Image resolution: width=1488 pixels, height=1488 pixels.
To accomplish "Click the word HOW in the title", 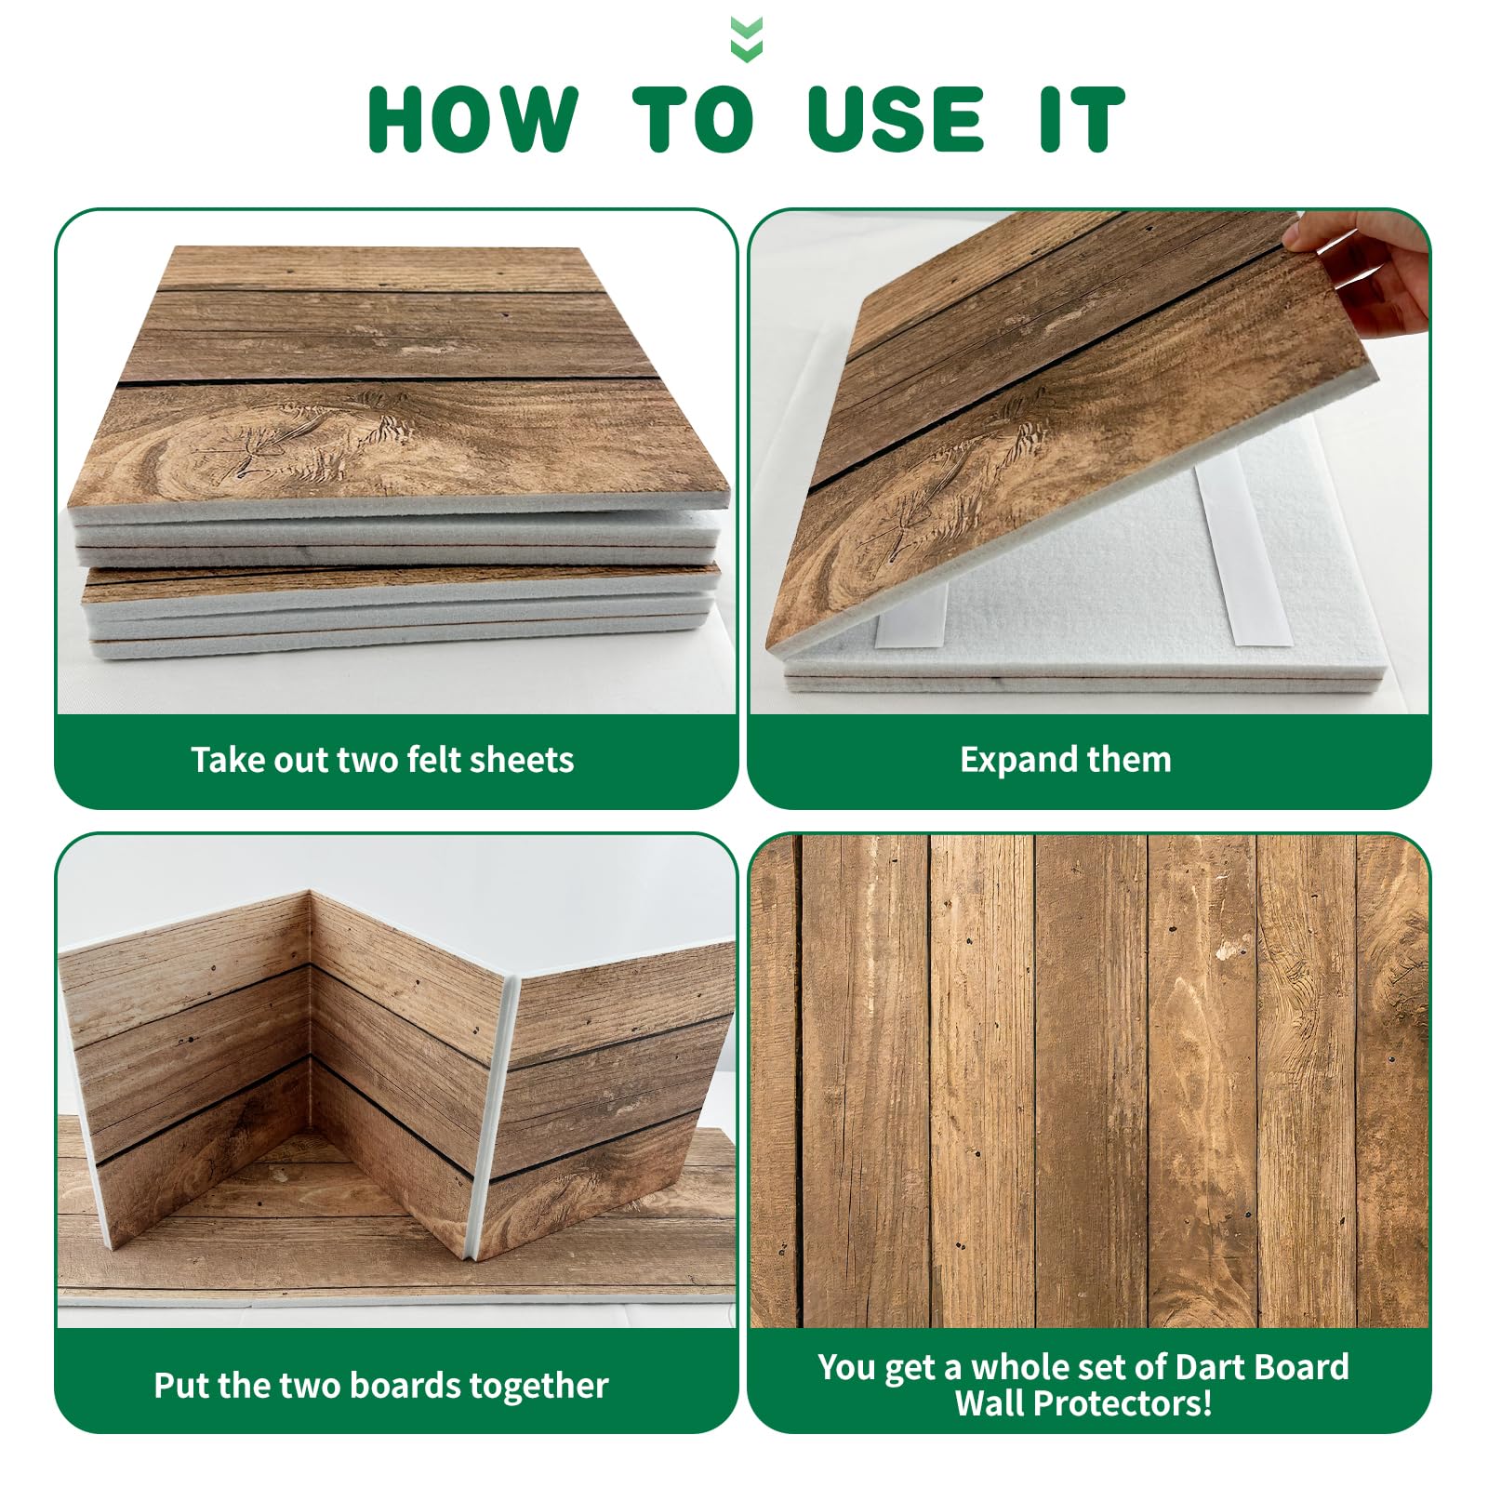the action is pyautogui.click(x=473, y=119).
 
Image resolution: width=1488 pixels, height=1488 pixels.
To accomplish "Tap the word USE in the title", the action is pyautogui.click(x=897, y=119).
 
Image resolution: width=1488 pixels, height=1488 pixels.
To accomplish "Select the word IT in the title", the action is pyautogui.click(x=1083, y=119).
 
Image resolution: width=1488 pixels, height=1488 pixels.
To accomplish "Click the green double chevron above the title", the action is pyautogui.click(x=747, y=39).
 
